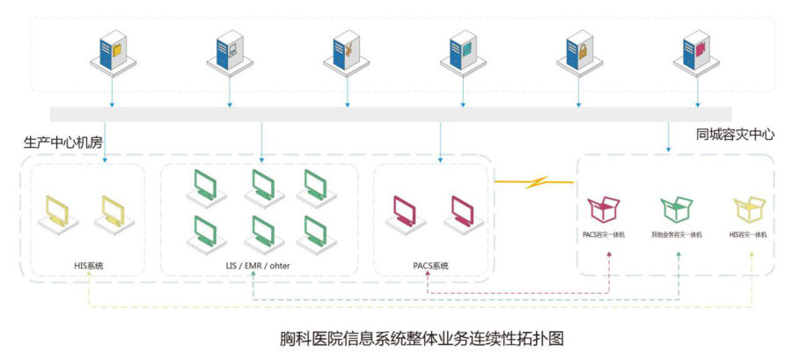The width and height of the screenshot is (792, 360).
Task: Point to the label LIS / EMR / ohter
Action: click(259, 265)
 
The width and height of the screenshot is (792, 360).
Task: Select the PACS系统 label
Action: click(430, 265)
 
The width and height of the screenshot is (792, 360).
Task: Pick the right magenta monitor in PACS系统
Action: click(463, 211)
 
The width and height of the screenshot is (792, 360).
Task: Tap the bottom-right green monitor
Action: click(315, 231)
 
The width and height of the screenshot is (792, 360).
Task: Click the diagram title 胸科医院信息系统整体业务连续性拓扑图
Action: click(395, 337)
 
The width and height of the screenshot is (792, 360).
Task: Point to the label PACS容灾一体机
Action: click(604, 235)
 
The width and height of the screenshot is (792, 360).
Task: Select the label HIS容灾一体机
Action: click(749, 235)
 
